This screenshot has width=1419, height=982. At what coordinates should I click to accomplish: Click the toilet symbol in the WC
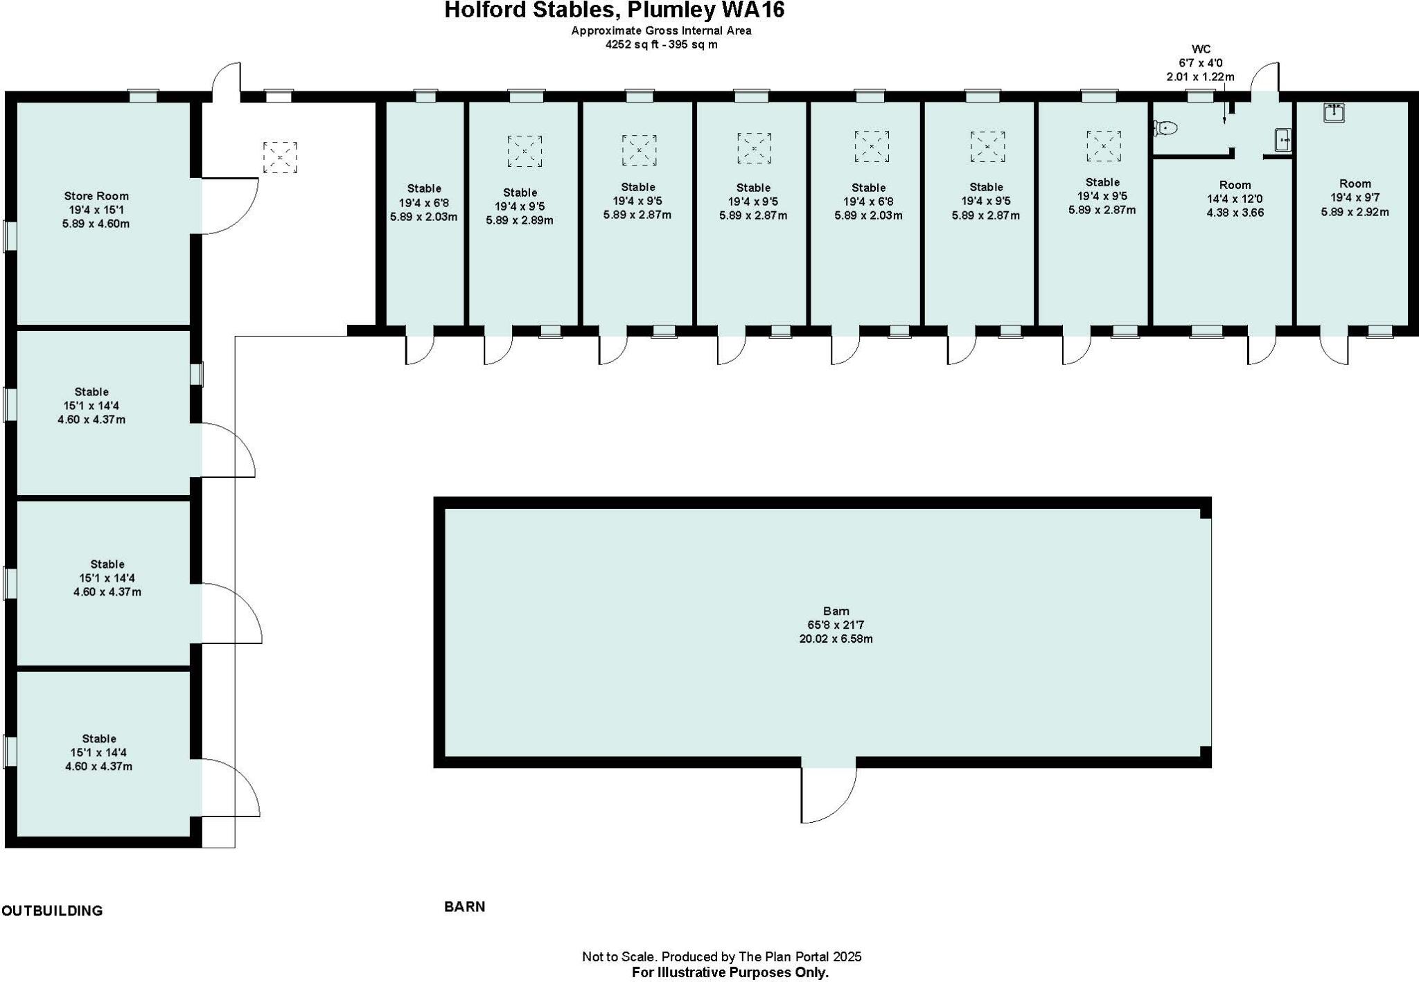coord(1165,127)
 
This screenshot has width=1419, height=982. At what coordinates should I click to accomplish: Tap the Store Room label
coord(96,196)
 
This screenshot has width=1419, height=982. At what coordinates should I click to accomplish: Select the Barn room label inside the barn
coord(836,611)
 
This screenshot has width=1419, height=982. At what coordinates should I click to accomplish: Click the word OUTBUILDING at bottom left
coord(52,911)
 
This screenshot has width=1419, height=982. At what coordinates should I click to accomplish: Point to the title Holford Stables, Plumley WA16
coord(614,10)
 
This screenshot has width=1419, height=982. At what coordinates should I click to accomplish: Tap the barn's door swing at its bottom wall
coord(829,794)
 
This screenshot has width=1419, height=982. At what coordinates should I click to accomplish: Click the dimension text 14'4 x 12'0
coord(1235,199)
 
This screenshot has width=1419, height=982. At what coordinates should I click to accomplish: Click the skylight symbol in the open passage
coord(280,158)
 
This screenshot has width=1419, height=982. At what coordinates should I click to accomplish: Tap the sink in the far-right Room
coord(1334,112)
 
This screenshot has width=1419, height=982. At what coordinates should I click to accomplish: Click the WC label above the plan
coord(1201,49)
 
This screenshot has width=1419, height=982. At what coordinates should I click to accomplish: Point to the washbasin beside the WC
coord(1283,140)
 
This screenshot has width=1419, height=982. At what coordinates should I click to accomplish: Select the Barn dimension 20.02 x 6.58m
coord(836,639)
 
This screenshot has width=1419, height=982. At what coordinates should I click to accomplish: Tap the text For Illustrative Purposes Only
coord(730,972)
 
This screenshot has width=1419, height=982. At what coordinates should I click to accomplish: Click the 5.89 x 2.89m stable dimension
coord(520,220)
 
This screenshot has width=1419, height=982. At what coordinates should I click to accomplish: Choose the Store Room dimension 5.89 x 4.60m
coord(96,224)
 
